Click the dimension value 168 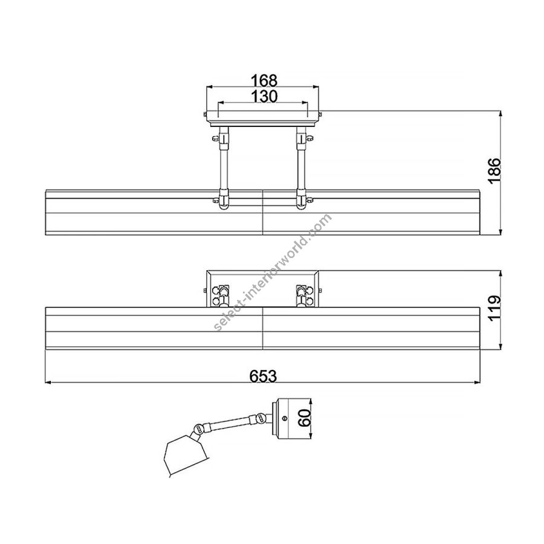click(264, 80)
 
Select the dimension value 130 click(264, 96)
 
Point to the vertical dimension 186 click(494, 170)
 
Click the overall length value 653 click(263, 376)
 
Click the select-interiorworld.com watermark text click(273, 273)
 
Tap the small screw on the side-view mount click(285, 418)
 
